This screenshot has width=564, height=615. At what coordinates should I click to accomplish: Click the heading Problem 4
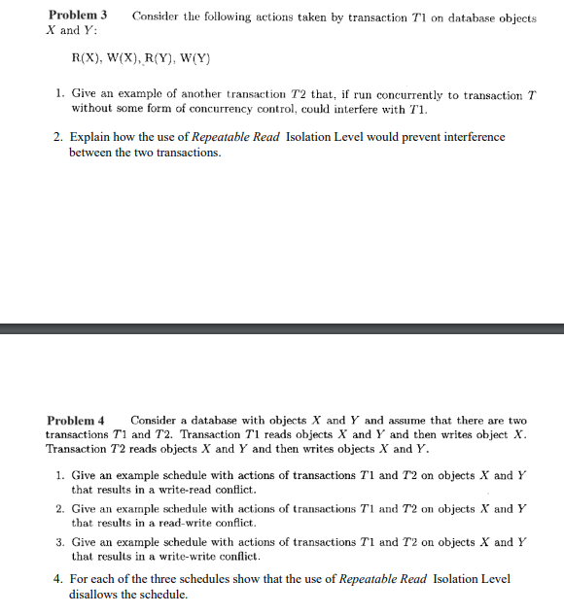[x=77, y=420]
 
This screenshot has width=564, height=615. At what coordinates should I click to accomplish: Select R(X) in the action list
[x=89, y=57]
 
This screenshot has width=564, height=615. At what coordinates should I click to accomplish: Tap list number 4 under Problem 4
[x=59, y=579]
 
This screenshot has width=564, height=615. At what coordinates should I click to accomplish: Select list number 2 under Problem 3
[x=59, y=137]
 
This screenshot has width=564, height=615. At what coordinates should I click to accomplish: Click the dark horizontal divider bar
[x=282, y=328]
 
